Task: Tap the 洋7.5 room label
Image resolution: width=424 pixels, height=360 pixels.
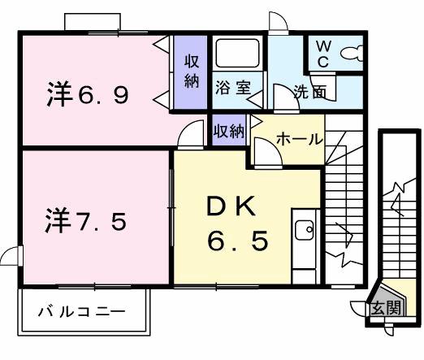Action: [84, 219]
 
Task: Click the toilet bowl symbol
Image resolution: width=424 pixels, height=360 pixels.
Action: [350, 54]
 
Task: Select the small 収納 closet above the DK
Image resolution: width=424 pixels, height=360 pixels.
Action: [228, 130]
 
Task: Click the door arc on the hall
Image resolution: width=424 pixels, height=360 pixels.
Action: [266, 150]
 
